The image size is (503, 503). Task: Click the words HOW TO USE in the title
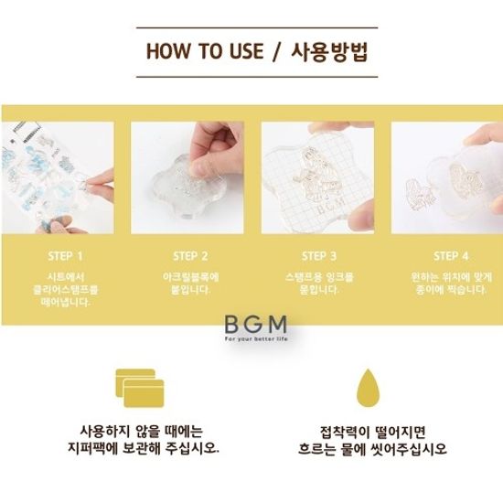[205, 51]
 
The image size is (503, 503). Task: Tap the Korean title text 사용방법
[329, 51]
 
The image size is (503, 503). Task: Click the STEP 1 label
[66, 256]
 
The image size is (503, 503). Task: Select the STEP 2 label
[190, 256]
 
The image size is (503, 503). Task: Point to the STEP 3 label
[319, 256]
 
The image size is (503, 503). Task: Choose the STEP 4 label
[451, 256]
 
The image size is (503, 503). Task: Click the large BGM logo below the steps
[256, 325]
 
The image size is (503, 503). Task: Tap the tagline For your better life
[256, 339]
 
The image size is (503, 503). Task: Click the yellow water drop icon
[368, 387]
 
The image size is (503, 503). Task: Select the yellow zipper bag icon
[140, 388]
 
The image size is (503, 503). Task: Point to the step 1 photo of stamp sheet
[58, 177]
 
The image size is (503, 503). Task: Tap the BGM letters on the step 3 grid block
[331, 206]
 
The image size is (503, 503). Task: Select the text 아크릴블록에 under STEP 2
[190, 277]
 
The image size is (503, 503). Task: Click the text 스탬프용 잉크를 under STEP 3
[319, 277]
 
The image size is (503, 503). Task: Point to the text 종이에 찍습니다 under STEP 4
[451, 290]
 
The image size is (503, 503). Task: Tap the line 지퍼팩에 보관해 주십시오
[144, 448]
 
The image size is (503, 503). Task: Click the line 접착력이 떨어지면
[372, 432]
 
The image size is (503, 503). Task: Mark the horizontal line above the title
[257, 28]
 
